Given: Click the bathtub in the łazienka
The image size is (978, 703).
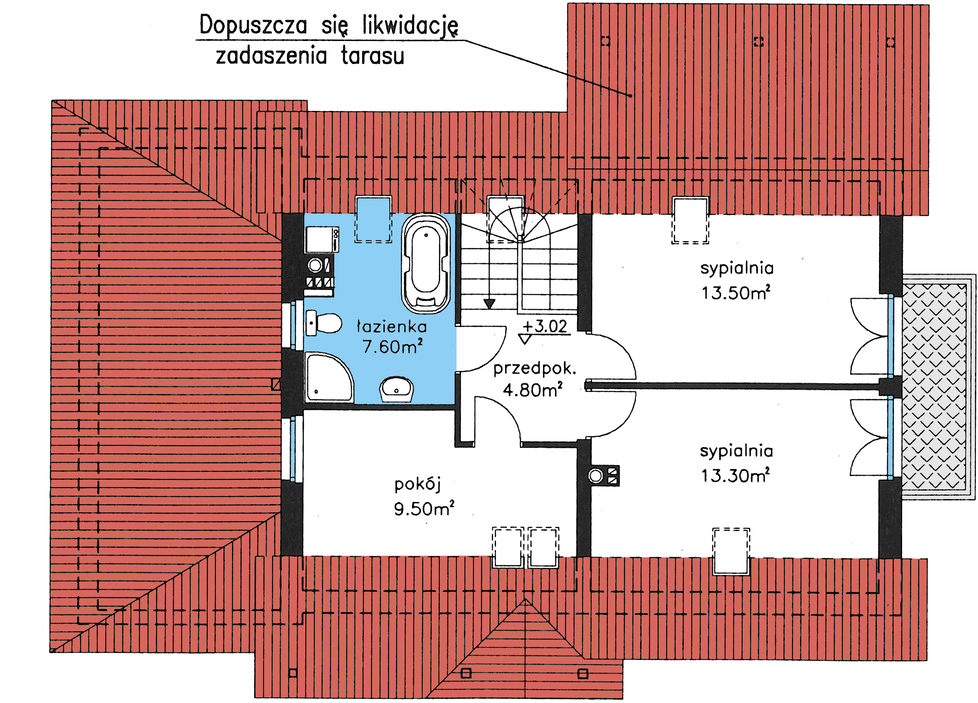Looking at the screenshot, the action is pyautogui.click(x=426, y=264).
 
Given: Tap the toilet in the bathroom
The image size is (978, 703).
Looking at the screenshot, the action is pyautogui.click(x=323, y=323).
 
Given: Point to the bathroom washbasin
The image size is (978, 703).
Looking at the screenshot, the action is pyautogui.click(x=396, y=389).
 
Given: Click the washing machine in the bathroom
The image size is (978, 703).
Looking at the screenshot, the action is pyautogui.click(x=322, y=240).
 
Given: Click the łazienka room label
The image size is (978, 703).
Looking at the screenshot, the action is pyautogui.click(x=392, y=327).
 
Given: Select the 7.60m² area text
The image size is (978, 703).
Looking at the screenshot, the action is pyautogui.click(x=392, y=347).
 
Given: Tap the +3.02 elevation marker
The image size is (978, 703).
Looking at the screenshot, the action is pyautogui.click(x=545, y=326).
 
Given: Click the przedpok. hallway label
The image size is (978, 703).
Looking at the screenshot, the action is pyautogui.click(x=535, y=369).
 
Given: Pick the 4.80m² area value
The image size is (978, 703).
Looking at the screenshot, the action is pyautogui.click(x=533, y=390).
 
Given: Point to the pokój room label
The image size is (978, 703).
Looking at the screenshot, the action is pyautogui.click(x=418, y=485).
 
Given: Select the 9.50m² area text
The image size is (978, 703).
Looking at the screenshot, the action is pyautogui.click(x=424, y=508).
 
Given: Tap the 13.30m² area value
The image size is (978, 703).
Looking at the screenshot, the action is pyautogui.click(x=735, y=476).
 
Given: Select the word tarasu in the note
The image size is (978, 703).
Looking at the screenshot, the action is pyautogui.click(x=373, y=56).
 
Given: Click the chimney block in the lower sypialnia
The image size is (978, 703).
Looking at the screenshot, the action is pyautogui.click(x=604, y=476).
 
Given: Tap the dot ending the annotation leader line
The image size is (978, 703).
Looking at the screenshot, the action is pyautogui.click(x=630, y=96).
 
